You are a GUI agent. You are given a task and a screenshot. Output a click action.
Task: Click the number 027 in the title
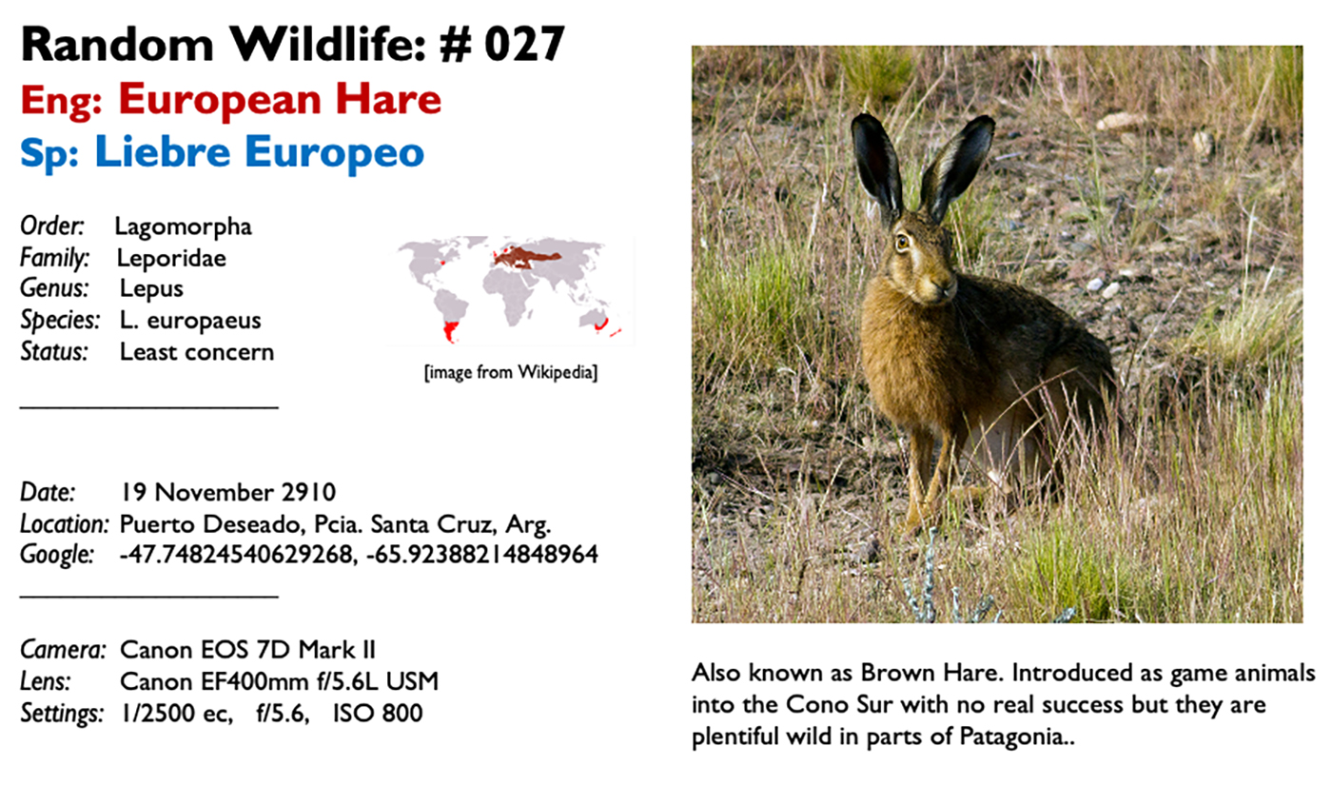[524, 45]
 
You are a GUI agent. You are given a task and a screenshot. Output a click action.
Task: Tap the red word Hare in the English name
[388, 99]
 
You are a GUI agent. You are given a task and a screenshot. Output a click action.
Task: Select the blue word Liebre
[163, 151]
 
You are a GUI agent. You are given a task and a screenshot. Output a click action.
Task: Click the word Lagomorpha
[183, 227]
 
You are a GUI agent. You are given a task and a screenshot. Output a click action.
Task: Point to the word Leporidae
[171, 259]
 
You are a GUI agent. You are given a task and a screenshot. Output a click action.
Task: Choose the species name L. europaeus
[190, 321]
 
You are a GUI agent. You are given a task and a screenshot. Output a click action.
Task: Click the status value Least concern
[197, 352]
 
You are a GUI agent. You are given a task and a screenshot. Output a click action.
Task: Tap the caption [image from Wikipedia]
[511, 373]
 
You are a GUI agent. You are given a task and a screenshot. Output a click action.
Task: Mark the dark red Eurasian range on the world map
[523, 258]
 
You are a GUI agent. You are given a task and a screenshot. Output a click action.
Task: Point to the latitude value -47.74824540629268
[237, 555]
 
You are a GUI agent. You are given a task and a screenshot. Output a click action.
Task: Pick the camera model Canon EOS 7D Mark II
[248, 650]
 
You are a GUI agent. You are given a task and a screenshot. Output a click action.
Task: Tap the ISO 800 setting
[378, 713]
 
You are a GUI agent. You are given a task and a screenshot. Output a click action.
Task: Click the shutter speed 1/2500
[158, 713]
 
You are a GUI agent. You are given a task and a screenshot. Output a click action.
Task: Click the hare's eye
[903, 242]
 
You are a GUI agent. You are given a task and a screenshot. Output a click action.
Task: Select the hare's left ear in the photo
[956, 167]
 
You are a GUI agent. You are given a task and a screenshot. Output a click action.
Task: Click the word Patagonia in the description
[1011, 736]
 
